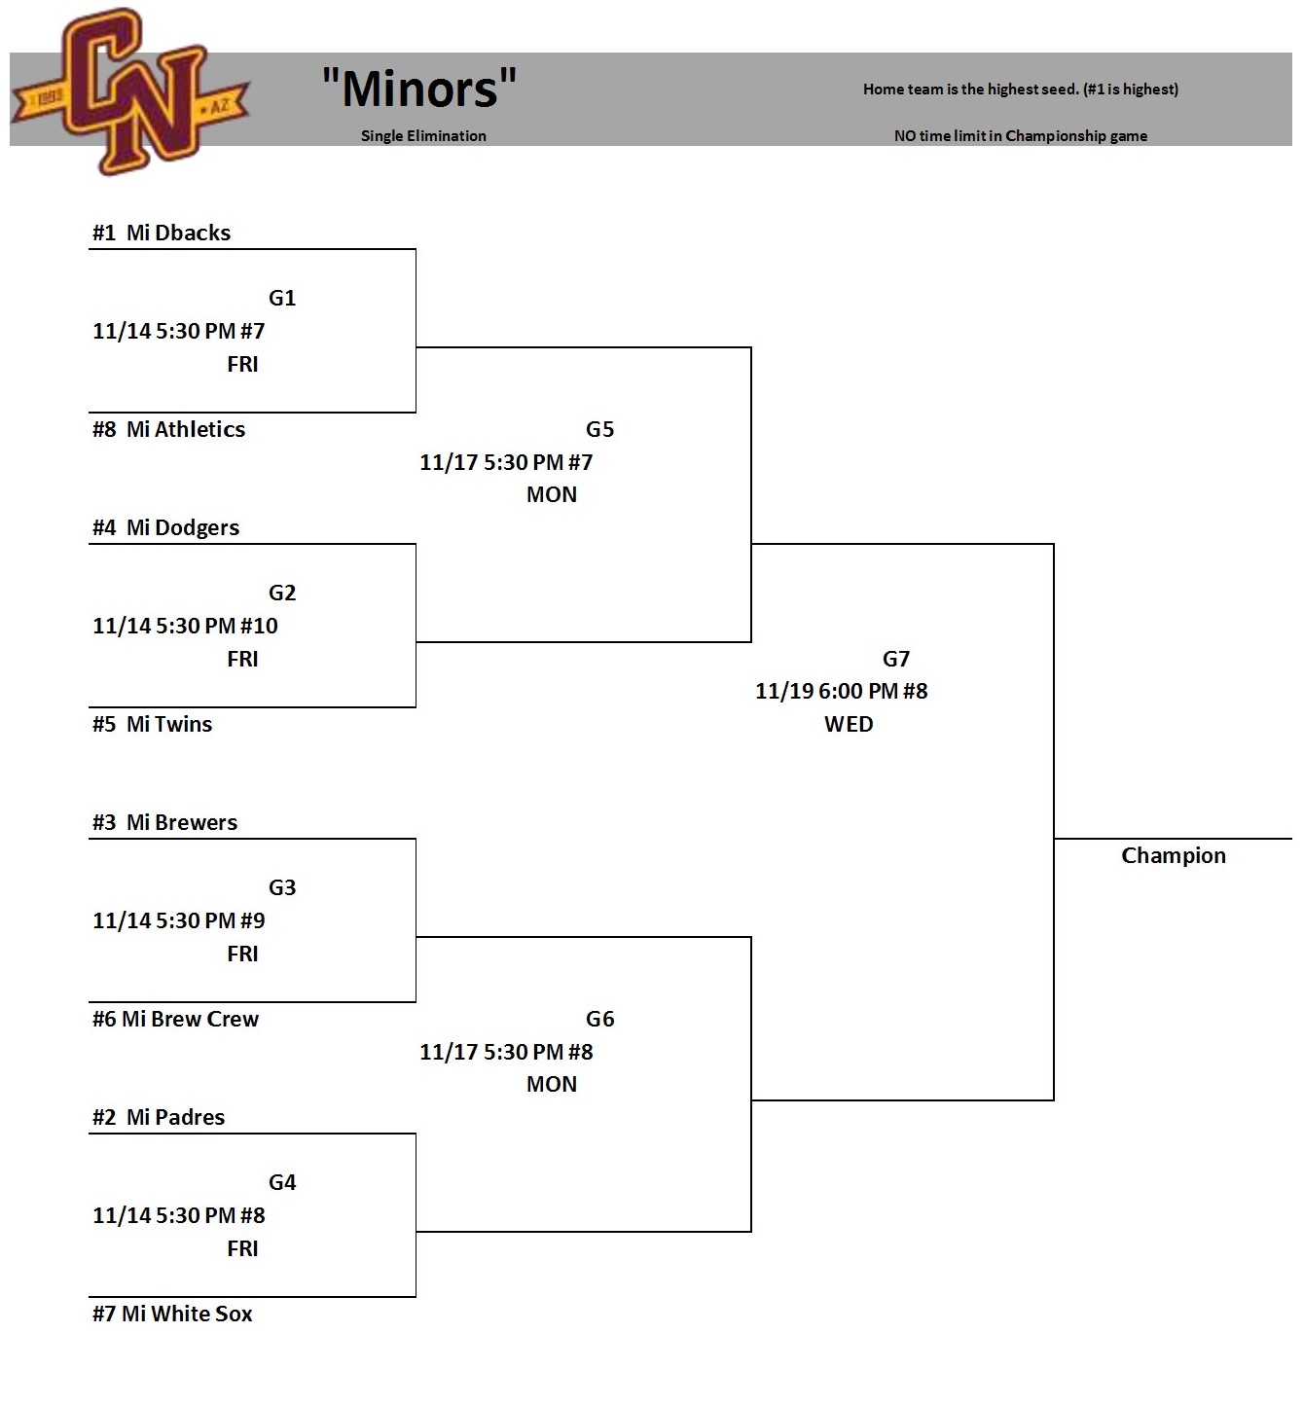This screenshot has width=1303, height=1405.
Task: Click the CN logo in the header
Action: (131, 92)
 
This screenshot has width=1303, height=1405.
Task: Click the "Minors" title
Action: (419, 89)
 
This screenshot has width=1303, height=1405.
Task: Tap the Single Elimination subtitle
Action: (423, 136)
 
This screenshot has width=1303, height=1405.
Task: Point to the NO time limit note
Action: (1020, 136)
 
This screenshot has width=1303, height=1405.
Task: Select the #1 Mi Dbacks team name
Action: (162, 233)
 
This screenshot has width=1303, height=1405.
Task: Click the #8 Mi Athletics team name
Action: (168, 429)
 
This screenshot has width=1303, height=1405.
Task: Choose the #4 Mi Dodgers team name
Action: (165, 527)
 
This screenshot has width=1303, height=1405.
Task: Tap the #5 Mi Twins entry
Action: (152, 724)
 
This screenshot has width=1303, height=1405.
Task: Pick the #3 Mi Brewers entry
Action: (164, 822)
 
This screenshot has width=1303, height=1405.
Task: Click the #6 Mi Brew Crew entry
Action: (175, 1019)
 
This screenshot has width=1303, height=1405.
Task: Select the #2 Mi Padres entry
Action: (159, 1117)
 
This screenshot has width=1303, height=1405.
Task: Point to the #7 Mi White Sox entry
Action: (172, 1314)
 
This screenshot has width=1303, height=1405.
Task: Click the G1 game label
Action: (282, 298)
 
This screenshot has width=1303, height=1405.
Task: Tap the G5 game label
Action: (599, 429)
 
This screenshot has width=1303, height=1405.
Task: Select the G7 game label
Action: (895, 659)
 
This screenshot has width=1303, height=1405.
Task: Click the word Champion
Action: (1173, 855)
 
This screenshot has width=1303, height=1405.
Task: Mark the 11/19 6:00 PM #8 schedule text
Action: (841, 691)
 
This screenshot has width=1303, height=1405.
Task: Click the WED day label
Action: (849, 724)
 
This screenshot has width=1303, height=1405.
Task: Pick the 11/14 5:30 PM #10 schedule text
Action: (185, 626)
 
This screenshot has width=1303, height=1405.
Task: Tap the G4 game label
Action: (282, 1182)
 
